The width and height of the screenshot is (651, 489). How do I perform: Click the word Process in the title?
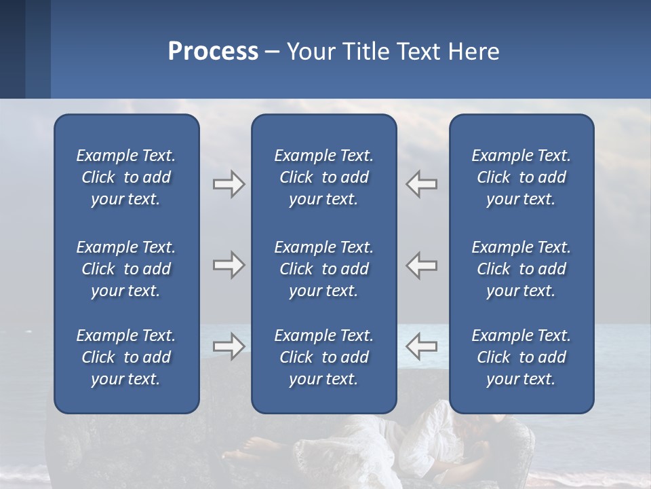213,52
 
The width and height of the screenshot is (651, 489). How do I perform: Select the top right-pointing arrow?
229,184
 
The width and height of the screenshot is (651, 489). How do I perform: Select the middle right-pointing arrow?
229,265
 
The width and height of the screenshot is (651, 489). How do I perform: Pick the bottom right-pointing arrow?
229,346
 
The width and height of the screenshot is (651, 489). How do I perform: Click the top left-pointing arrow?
421,184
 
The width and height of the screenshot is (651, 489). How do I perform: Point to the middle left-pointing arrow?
421,265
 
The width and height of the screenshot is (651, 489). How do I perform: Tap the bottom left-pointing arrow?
421,346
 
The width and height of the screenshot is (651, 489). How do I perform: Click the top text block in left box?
126,177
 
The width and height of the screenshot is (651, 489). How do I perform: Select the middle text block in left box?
126,269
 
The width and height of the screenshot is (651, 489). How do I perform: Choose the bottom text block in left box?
126,357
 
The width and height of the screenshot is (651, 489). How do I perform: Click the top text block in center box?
323,177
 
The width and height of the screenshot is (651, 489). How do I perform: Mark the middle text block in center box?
323,269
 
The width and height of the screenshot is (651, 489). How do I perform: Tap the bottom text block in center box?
323,357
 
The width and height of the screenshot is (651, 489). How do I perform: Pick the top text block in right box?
521,177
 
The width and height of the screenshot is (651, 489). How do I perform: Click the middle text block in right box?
521,269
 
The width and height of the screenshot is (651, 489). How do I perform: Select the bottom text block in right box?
521,357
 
